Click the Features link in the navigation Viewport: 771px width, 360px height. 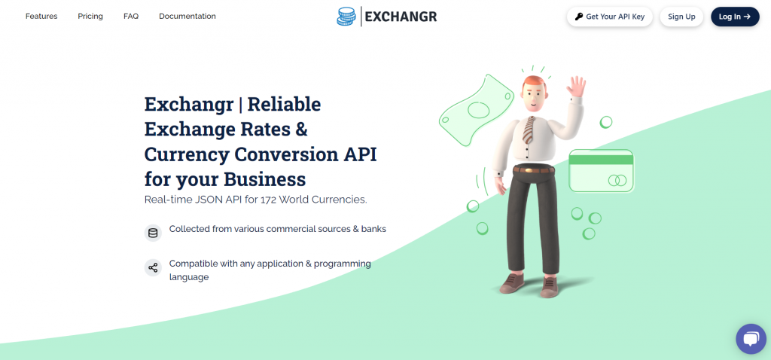click(41, 17)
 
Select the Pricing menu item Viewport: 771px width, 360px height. click(90, 17)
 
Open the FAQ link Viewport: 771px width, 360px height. click(131, 17)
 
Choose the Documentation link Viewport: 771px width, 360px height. click(187, 17)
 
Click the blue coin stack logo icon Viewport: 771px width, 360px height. click(346, 17)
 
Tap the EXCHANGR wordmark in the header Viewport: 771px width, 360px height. click(401, 17)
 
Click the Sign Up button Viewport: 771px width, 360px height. click(681, 17)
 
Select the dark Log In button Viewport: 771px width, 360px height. click(735, 17)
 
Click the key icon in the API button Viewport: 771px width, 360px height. click(579, 17)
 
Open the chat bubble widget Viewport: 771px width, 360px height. click(751, 339)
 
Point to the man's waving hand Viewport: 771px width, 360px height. click(576, 87)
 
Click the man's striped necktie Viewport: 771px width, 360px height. click(529, 130)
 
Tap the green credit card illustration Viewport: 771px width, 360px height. click(602, 171)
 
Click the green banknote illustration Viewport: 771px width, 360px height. click(477, 110)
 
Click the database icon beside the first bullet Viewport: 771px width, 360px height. click(153, 233)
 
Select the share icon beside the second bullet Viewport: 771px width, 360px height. click(153, 267)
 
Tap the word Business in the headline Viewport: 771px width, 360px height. click(265, 179)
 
